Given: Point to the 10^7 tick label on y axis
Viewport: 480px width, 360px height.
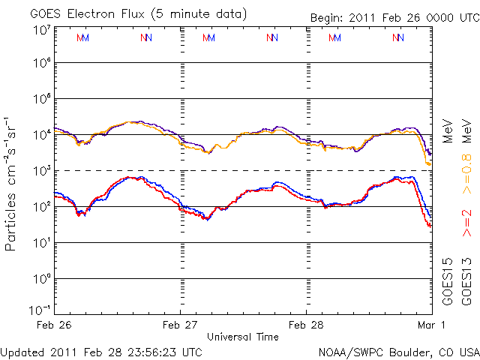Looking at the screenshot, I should tap(41, 30).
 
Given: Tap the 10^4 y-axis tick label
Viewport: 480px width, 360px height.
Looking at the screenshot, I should tap(41, 135).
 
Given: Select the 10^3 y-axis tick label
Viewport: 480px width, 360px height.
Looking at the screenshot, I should tap(41, 171).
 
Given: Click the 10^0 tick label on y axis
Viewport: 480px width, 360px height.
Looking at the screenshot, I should tap(41, 279).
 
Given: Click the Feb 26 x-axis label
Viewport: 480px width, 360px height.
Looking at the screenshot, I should tap(53, 325).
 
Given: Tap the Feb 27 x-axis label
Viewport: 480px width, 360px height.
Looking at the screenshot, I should tap(180, 325).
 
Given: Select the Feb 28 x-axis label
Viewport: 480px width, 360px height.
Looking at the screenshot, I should tap(306, 325).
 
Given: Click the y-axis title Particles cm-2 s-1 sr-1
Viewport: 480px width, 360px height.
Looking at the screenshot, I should tap(13, 184).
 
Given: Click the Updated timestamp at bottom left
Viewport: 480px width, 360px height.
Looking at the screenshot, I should tap(101, 351).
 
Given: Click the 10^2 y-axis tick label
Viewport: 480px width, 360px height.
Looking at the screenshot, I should tap(41, 207).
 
